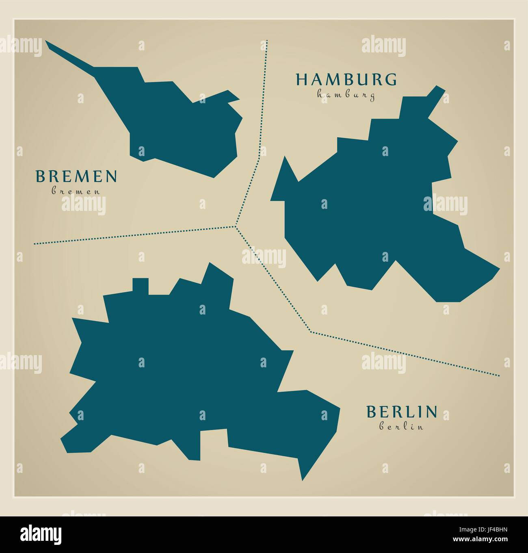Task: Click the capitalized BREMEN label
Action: point(77,176)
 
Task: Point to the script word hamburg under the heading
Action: point(346,95)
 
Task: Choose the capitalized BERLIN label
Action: point(402,412)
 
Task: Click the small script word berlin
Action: point(402,427)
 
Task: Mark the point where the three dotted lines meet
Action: point(236,226)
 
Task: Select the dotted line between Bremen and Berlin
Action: point(134,235)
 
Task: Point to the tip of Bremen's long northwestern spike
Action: point(47,42)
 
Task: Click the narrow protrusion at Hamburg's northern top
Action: point(435,93)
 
